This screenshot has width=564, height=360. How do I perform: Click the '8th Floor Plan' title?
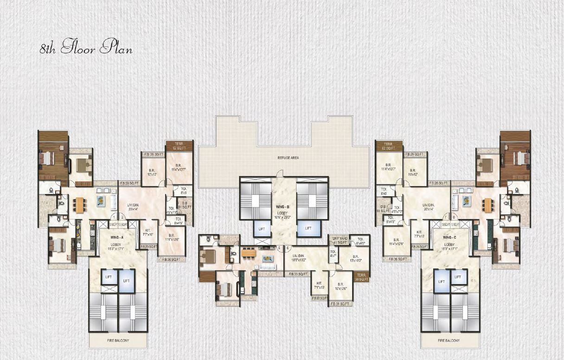pyautogui.click(x=86, y=48)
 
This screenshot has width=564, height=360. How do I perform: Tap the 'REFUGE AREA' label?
pyautogui.click(x=288, y=158)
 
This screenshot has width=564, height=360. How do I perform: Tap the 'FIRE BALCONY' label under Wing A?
pyautogui.click(x=118, y=341)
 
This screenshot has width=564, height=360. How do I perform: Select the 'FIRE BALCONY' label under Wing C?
pyautogui.click(x=448, y=341)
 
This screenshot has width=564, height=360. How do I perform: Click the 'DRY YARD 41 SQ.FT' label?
pyautogui.click(x=340, y=240)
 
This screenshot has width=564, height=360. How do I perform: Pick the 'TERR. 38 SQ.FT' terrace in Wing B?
pyautogui.click(x=361, y=277)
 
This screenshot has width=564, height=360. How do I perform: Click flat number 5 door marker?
pyautogui.click(x=279, y=248)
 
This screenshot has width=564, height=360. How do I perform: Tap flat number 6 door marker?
pyautogui.click(x=288, y=248)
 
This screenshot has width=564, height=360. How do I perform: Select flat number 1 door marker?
pyautogui.click(x=113, y=217)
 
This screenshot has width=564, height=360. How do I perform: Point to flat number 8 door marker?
pyautogui.click(x=453, y=217)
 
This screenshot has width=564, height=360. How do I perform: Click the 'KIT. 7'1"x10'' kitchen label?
pyautogui.click(x=320, y=285)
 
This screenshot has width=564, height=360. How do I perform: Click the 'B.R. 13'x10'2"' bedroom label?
pyautogui.click(x=355, y=258)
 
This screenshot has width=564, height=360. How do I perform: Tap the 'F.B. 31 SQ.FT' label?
pyautogui.click(x=341, y=304)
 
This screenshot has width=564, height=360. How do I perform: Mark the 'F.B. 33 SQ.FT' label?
pyautogui.click(x=298, y=275)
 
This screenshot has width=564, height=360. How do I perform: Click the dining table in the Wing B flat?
pyautogui.click(x=249, y=253)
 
